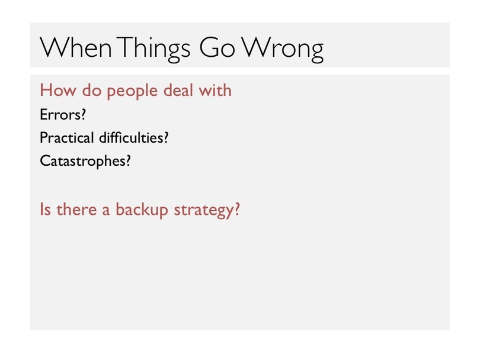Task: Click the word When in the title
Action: tap(76, 47)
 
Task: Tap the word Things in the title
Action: tap(153, 50)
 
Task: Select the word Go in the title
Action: tap(217, 47)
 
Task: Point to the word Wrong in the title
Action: tap(283, 50)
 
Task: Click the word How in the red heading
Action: tap(58, 90)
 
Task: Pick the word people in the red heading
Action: tap(132, 91)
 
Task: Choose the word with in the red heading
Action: tap(215, 90)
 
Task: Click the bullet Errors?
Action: tap(63, 114)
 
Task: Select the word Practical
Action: tap(67, 137)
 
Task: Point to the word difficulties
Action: tap(131, 137)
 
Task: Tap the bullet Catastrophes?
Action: tap(85, 161)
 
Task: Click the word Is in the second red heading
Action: tap(45, 209)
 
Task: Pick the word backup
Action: tap(142, 210)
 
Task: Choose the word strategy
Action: tap(203, 211)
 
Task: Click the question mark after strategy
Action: tap(236, 209)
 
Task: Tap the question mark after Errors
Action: tap(83, 114)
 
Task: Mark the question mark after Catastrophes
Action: tap(127, 160)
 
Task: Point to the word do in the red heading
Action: tap(91, 90)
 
